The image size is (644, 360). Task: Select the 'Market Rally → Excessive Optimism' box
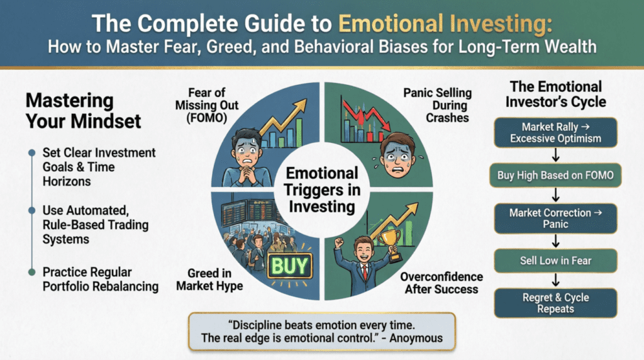pyautogui.click(x=556, y=132)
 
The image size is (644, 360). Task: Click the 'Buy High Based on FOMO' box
pyautogui.click(x=556, y=176)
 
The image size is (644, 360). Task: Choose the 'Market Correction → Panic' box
pyautogui.click(x=556, y=218)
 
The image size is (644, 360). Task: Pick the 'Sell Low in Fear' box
pyautogui.click(x=556, y=260)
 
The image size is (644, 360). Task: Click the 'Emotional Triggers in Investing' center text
pyautogui.click(x=323, y=189)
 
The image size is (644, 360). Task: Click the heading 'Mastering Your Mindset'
pyautogui.click(x=69, y=110)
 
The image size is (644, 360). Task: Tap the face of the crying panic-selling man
pyautogui.click(x=396, y=153)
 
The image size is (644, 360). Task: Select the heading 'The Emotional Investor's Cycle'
pyautogui.click(x=556, y=94)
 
